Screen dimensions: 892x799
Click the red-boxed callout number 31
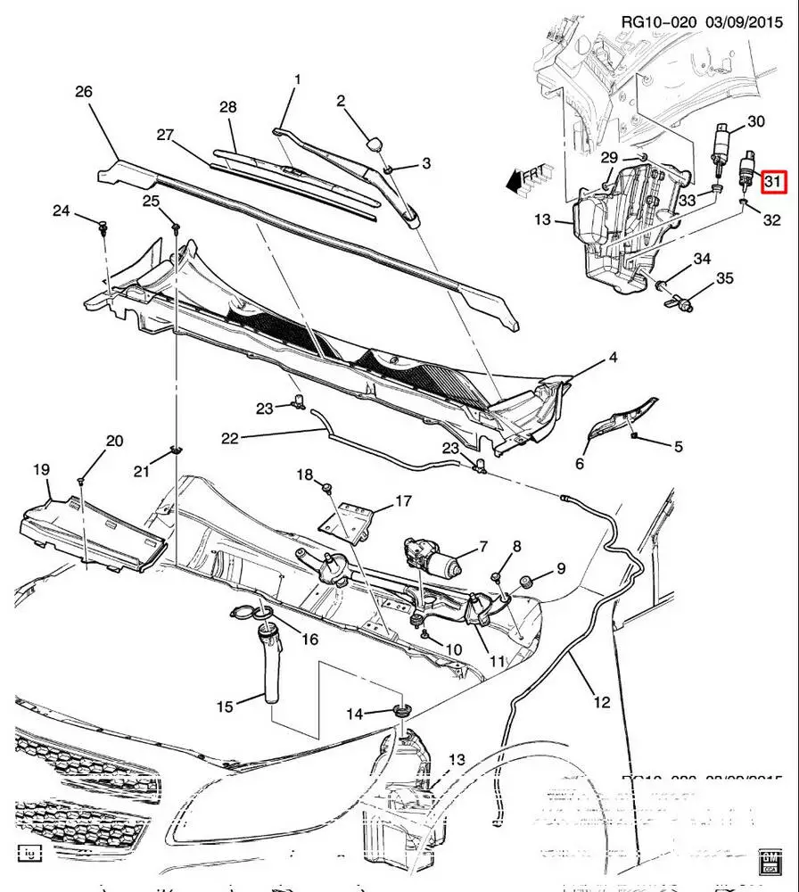(x=772, y=182)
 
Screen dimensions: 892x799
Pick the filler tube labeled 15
(x=271, y=668)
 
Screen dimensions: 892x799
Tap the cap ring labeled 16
(x=251, y=613)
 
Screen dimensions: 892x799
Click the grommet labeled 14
(x=403, y=711)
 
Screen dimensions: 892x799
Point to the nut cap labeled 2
(x=375, y=144)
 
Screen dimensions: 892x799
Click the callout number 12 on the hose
(x=602, y=703)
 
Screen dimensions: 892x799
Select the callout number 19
(x=42, y=470)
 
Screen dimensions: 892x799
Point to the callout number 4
(x=613, y=359)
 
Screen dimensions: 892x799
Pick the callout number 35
(x=724, y=279)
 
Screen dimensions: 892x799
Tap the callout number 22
(x=231, y=438)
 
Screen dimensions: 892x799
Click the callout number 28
(x=228, y=108)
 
